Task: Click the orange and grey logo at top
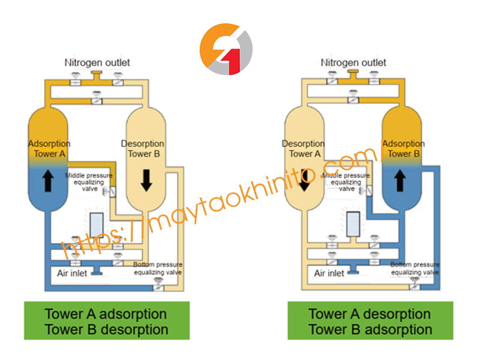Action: click(226, 49)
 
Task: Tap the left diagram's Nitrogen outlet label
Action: click(97, 62)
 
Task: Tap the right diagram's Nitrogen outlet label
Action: click(353, 62)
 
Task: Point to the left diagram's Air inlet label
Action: click(72, 273)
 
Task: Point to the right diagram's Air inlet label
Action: click(329, 273)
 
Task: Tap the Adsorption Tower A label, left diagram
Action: click(49, 148)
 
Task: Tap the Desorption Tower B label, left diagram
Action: click(145, 148)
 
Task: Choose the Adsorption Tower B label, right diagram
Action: click(403, 148)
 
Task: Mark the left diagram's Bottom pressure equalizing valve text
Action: click(158, 268)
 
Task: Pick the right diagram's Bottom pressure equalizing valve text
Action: click(415, 268)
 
